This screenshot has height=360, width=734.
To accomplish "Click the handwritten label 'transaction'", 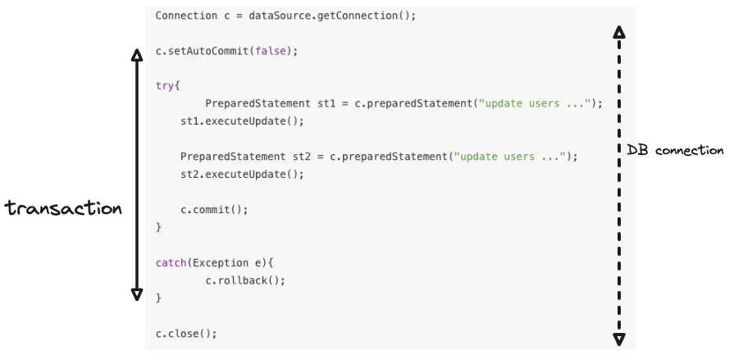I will click(x=63, y=208).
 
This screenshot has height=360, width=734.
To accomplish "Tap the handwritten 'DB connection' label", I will click(x=675, y=150).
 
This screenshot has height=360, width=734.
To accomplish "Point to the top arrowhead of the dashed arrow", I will click(x=619, y=33).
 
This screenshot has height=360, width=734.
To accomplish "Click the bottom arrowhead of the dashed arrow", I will click(x=619, y=338).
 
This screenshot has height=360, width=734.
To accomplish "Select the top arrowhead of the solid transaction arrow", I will click(x=137, y=55).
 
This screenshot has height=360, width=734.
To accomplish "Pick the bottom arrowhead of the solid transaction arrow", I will click(x=137, y=294).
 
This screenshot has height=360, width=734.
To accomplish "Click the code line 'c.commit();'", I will click(x=214, y=209).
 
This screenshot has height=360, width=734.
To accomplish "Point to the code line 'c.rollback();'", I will click(x=245, y=280).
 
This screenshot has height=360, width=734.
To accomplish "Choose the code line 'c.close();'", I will click(x=186, y=333).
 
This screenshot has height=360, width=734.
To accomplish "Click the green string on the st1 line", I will click(x=535, y=103).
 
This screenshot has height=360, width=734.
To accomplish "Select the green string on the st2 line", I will click(x=510, y=157).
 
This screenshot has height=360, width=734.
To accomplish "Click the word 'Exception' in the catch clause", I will click(x=221, y=262).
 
